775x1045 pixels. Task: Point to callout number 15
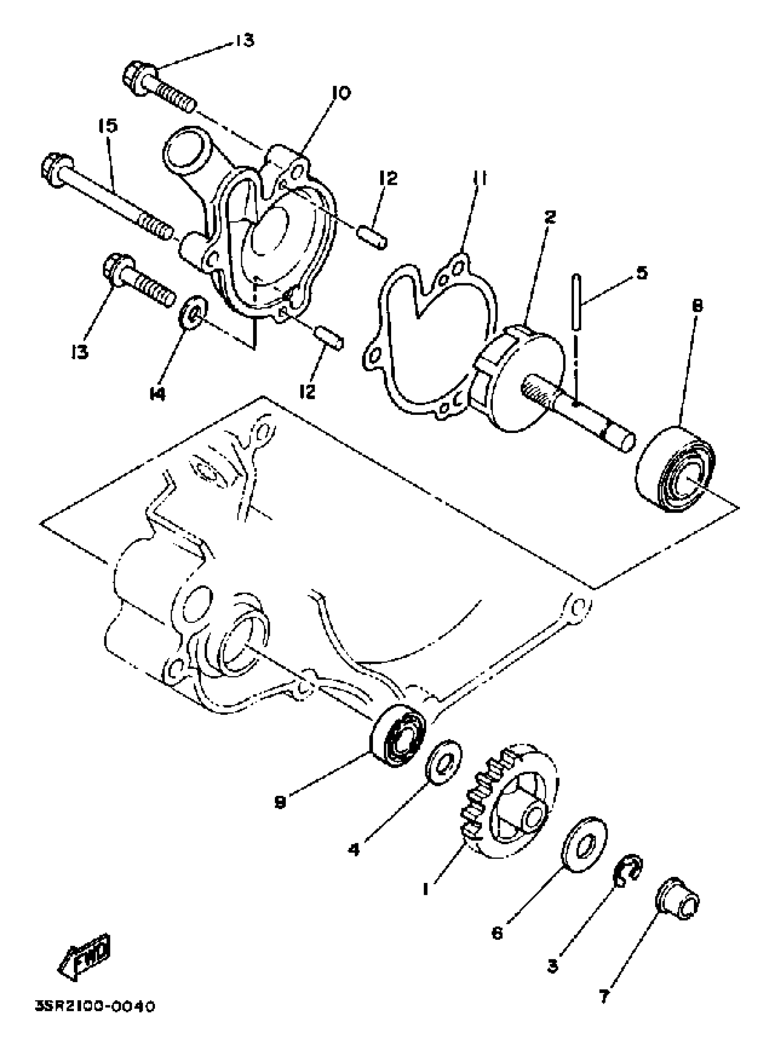coord(108,127)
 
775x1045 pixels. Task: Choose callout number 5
coord(642,272)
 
